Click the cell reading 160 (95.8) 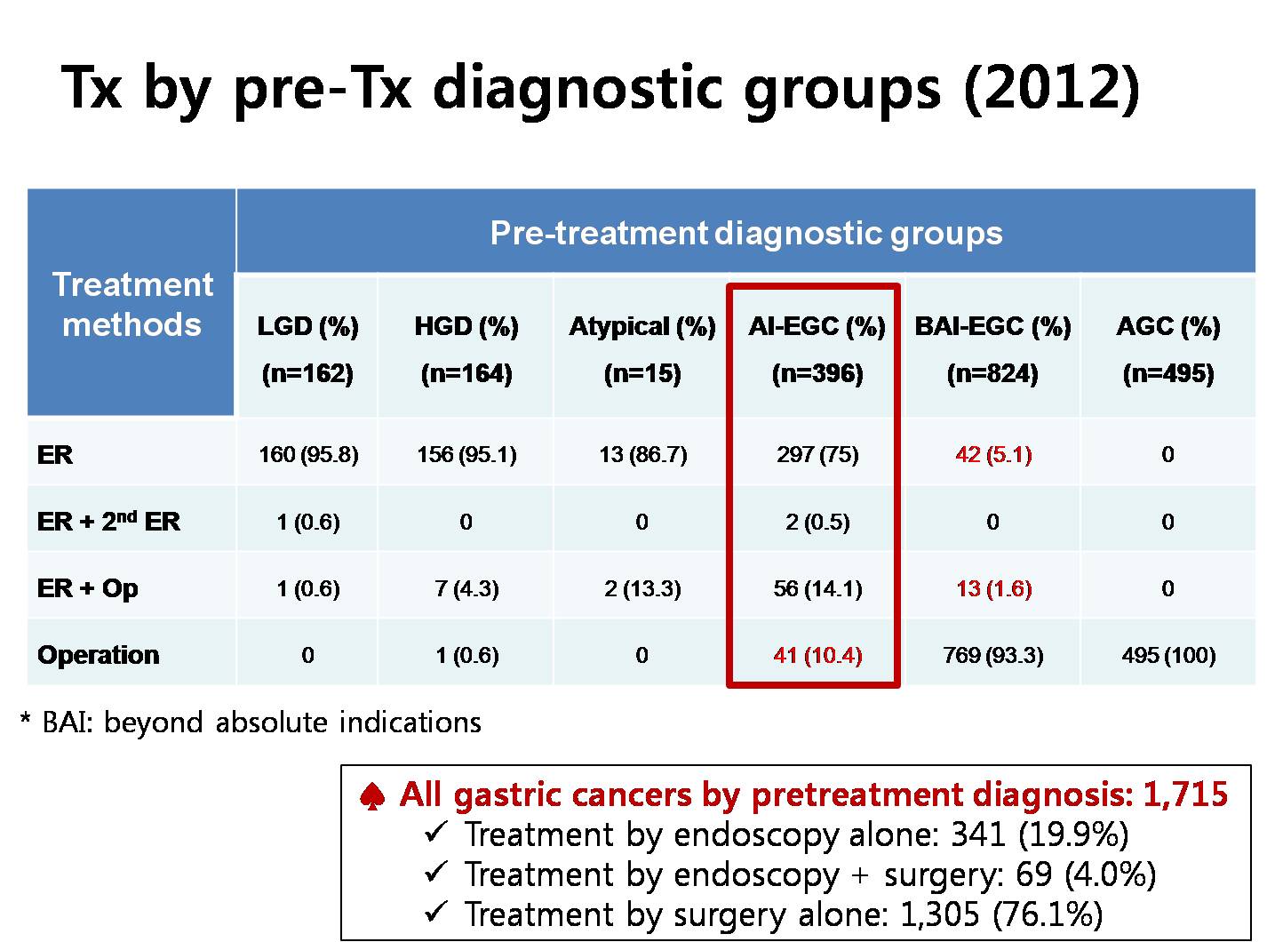[308, 454]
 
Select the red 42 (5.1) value [993, 454]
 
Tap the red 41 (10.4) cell [817, 655]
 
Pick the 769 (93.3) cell [993, 655]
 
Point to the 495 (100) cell [1168, 655]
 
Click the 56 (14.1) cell [817, 588]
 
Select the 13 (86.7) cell [642, 454]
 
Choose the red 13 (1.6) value [993, 588]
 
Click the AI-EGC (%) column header [817, 326]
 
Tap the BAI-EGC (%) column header [992, 326]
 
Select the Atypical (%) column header [642, 326]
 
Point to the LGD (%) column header [308, 326]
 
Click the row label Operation [99, 655]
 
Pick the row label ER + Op [88, 588]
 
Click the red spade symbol [372, 796]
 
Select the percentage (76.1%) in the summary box [1048, 914]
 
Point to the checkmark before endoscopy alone [436, 833]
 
